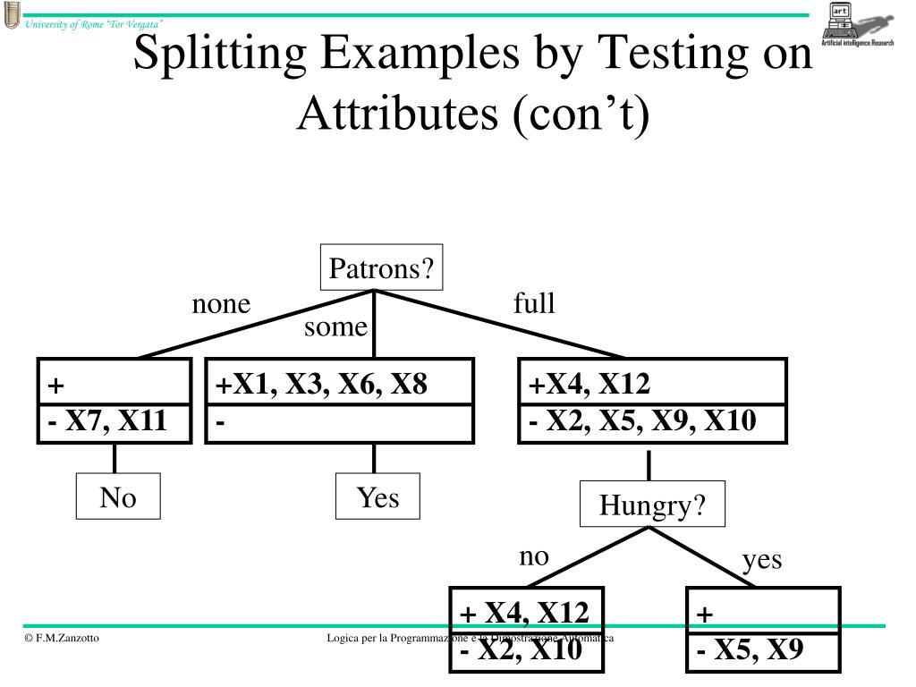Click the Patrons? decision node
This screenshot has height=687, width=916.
point(382,268)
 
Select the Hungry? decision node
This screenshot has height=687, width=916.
point(652,505)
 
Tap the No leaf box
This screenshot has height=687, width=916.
point(118,497)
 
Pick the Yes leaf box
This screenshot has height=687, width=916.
point(377,497)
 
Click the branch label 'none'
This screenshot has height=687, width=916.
point(221,305)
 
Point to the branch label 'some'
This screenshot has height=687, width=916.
point(335,327)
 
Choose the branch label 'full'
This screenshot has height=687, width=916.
point(534,304)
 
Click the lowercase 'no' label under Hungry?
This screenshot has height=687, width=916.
point(533,556)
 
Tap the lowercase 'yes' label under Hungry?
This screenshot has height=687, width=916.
point(762,560)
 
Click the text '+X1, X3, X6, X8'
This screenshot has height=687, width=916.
point(321,385)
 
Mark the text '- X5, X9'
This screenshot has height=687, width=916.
point(751,649)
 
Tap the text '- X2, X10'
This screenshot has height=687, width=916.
point(522,650)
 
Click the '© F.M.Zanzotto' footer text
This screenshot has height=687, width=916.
point(63,638)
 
